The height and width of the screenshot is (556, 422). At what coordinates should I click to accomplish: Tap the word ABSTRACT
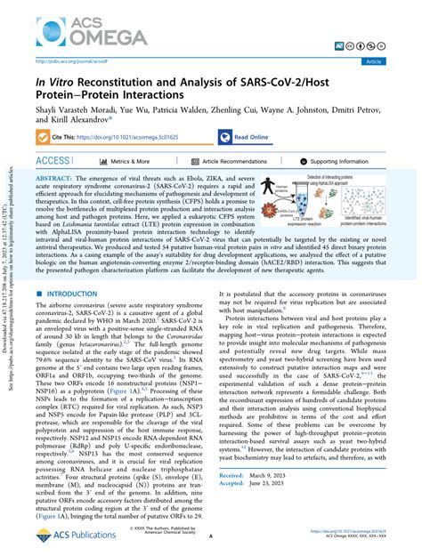click(56, 179)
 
